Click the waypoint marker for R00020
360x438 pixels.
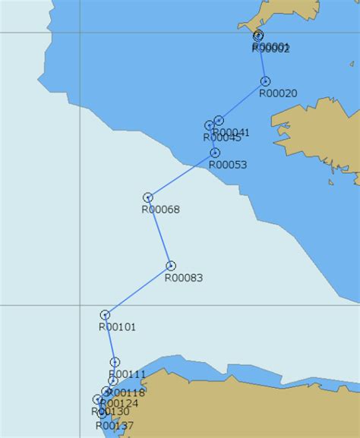(x=265, y=81)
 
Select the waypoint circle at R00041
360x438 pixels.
(x=219, y=121)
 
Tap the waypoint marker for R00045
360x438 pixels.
(x=209, y=125)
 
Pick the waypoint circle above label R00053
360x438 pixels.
(x=215, y=153)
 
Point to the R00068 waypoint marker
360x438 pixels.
(x=148, y=197)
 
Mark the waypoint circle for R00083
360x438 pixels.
(x=171, y=266)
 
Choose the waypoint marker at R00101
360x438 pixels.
(x=105, y=315)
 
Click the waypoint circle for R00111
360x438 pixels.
(x=115, y=362)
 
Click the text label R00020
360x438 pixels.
(x=278, y=93)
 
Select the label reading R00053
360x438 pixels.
(x=228, y=164)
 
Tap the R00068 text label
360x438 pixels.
(x=161, y=210)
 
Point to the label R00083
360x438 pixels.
(x=184, y=278)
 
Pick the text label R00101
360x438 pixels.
(x=118, y=327)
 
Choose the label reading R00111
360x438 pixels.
(x=127, y=374)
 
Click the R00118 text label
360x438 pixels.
(x=126, y=392)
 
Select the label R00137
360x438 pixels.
(x=115, y=426)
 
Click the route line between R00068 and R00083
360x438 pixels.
(x=159, y=232)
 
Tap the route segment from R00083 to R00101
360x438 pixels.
(x=138, y=290)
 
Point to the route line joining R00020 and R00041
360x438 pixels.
(x=242, y=101)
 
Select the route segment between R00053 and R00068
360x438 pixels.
(x=182, y=175)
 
